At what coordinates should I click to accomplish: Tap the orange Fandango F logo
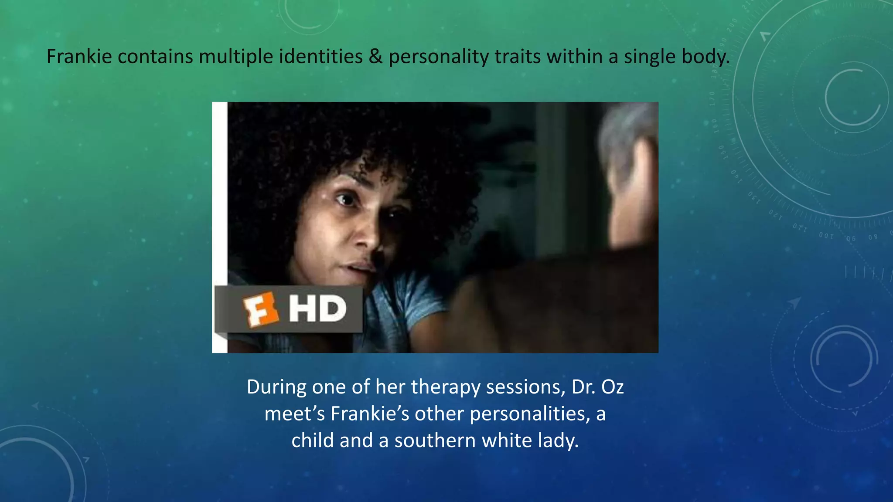tap(261, 309)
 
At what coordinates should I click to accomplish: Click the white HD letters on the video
tap(317, 309)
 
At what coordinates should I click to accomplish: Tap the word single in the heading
tap(650, 57)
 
